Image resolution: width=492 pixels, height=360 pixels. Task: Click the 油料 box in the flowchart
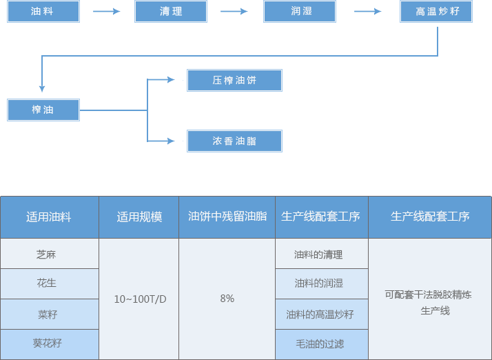pos(43,11)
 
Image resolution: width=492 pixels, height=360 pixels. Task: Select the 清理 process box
pos(171,11)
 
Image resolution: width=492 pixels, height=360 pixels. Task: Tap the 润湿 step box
pos(300,11)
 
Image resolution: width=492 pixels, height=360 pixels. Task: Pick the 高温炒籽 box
pos(435,11)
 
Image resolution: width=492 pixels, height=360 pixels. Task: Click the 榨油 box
pos(43,110)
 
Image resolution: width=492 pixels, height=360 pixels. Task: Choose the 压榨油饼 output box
pos(234,81)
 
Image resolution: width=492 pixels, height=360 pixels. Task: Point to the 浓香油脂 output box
pos(234,141)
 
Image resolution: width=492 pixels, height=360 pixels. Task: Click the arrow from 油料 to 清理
pos(107,12)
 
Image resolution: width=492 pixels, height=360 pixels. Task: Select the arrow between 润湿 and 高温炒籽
pos(368,12)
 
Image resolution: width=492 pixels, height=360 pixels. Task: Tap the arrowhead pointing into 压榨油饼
pos(171,80)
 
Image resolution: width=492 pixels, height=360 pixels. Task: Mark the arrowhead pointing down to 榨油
pos(42,88)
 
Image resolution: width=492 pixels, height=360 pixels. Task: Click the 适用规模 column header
pos(139,217)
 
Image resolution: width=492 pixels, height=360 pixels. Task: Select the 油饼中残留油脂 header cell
pos(227,217)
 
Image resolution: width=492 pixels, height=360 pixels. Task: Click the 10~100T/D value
pos(140,299)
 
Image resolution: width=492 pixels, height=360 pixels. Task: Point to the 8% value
pos(227,299)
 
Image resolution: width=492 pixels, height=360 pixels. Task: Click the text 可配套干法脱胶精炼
pos(429,294)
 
